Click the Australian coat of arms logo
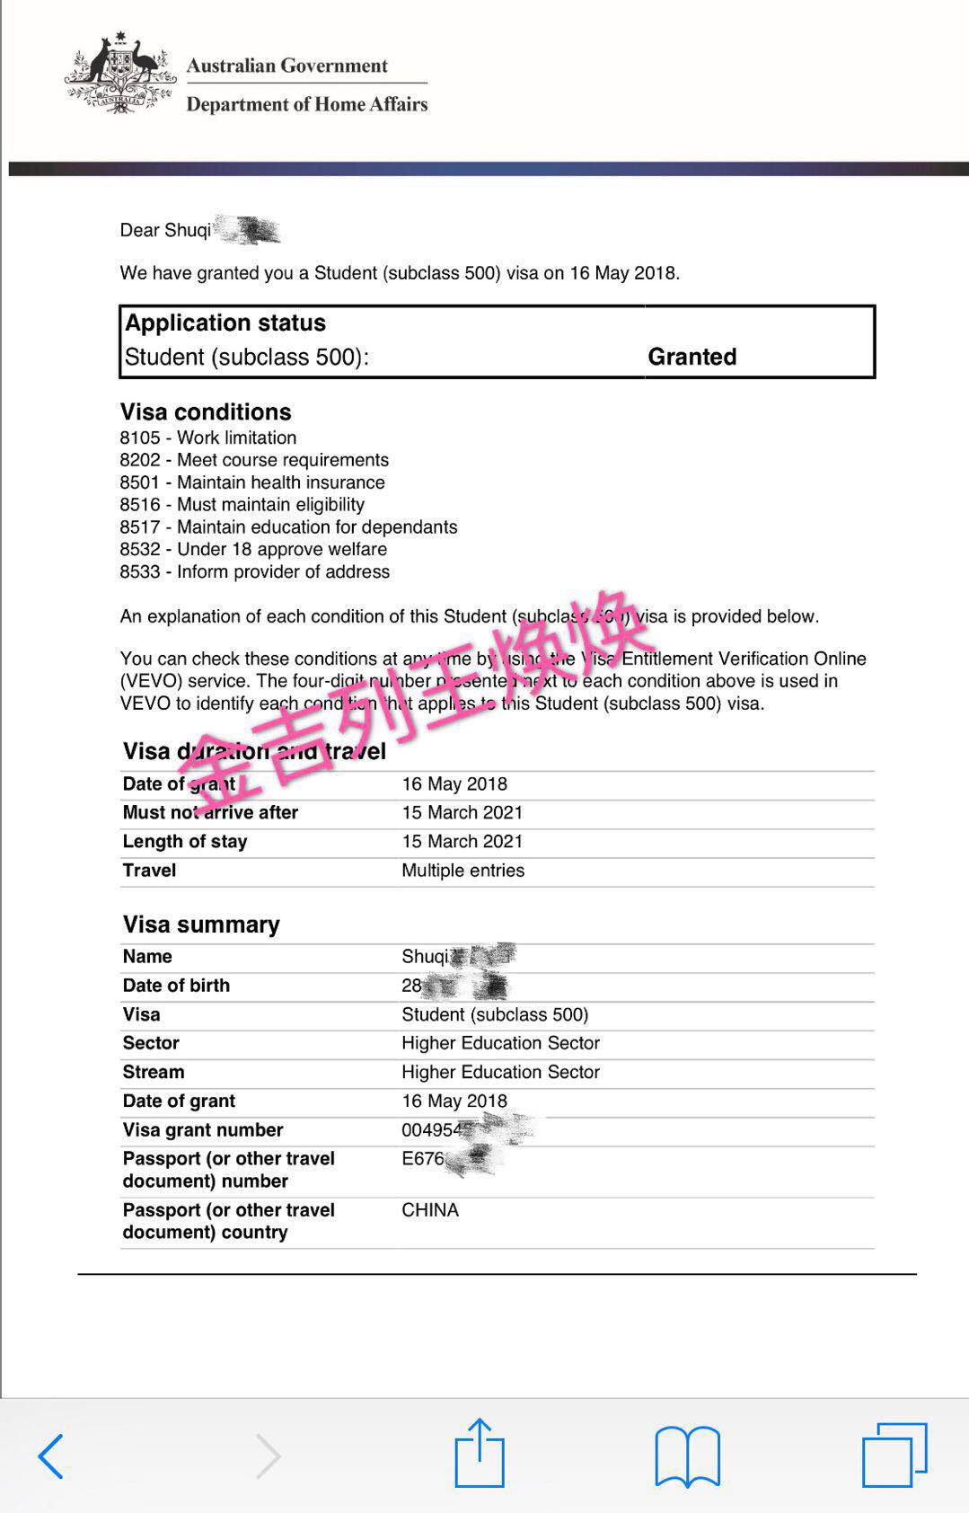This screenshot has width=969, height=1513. [120, 74]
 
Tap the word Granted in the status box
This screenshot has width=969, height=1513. [692, 357]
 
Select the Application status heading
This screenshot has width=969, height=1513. [225, 323]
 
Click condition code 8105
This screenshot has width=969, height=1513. [140, 438]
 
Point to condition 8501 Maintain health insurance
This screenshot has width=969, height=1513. [252, 482]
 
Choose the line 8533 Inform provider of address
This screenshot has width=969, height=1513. [255, 571]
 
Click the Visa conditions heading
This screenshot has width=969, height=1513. [206, 411]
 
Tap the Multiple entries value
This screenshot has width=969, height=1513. [462, 870]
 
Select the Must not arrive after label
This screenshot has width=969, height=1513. [210, 812]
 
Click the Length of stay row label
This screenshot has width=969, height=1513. [184, 841]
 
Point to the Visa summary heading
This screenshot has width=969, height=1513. [201, 925]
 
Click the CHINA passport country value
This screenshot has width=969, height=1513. [430, 1209]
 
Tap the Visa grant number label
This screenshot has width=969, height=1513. [203, 1129]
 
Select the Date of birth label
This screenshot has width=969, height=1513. [176, 985]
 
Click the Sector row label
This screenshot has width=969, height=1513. [151, 1042]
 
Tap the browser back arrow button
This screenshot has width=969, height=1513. [51, 1455]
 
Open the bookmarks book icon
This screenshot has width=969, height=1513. [687, 1455]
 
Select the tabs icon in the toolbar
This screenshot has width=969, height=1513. [894, 1455]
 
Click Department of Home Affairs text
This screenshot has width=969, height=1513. [306, 104]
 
